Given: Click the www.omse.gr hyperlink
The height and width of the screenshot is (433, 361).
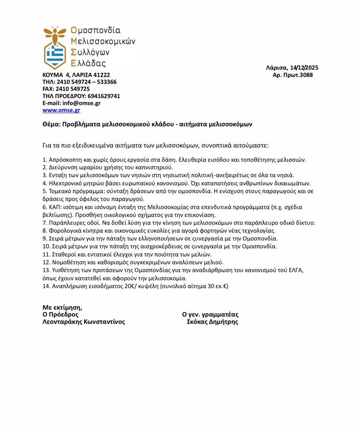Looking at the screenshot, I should [61, 110].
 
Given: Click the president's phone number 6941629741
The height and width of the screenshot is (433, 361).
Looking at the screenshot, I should [104, 96].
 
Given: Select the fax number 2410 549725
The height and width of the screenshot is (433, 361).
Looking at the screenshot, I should [74, 89].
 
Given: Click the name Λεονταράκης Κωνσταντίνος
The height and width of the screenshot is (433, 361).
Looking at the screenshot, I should [84, 322].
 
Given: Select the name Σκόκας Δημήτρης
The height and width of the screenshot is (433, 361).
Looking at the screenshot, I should [212, 322].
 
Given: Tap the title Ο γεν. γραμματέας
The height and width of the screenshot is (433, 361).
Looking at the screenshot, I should [210, 314].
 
